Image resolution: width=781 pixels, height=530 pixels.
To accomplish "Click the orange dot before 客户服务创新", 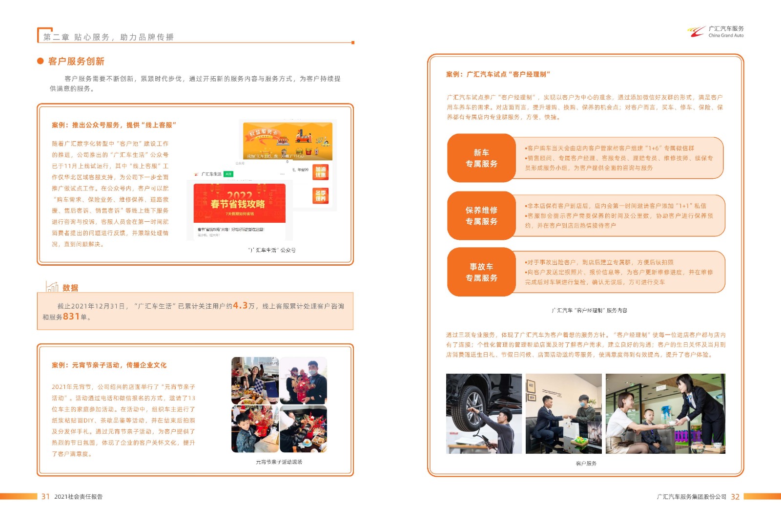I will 41,61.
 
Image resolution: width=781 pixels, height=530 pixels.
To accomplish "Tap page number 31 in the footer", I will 45,496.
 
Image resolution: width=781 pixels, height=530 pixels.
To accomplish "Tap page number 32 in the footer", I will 735,496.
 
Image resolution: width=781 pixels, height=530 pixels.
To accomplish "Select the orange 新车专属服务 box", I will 481,158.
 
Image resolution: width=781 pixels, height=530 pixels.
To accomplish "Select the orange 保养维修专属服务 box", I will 481,215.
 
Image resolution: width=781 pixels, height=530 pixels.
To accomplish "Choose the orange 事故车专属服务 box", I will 481,272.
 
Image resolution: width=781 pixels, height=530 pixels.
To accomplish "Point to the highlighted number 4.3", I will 240,306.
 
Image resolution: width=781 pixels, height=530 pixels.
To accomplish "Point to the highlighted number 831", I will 71,317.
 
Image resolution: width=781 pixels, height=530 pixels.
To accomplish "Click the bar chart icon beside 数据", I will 52,287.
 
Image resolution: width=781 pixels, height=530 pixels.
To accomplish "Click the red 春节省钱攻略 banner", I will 239,203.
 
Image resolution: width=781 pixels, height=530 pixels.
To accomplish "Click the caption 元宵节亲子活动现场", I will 279,462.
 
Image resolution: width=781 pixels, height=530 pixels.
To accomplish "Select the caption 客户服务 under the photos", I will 586,463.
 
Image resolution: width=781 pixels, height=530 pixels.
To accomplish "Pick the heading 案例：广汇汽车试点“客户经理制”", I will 498,74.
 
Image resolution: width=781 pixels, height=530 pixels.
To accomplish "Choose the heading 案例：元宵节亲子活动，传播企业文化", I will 109,365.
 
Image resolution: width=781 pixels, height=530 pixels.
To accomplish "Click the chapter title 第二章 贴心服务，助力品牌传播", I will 108,37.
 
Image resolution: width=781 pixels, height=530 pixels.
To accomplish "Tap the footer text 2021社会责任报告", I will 78,497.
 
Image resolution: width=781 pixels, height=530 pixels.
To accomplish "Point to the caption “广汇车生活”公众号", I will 271,250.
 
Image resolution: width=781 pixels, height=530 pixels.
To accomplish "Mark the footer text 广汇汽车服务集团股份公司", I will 691,497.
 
